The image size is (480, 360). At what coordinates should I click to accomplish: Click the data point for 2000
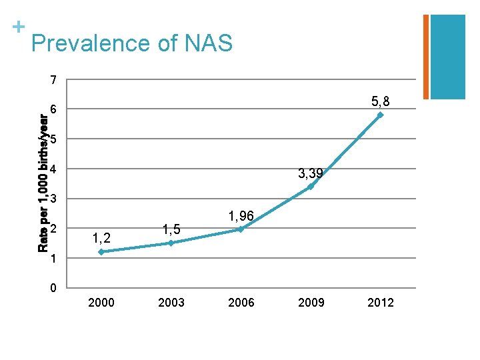point(101,252)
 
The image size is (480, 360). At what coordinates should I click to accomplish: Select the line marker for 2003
point(171,243)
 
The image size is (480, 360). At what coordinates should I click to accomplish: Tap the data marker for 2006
point(241,229)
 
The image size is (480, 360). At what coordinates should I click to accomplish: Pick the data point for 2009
point(311,187)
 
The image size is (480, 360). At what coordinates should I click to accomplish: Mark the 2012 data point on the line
point(380,115)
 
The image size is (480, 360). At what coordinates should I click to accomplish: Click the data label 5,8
point(381,101)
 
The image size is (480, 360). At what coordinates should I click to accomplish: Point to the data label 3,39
point(311,173)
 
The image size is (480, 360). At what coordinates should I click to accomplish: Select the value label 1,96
point(241,216)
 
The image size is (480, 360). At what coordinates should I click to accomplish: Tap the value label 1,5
point(171,229)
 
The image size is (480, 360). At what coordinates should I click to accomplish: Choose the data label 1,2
point(101,237)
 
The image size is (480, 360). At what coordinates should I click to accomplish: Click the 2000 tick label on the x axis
point(101,303)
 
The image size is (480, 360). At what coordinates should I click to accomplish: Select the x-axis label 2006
point(241,303)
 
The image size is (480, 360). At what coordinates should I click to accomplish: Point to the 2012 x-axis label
point(381,303)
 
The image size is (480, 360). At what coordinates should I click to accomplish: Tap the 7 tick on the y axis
point(53,81)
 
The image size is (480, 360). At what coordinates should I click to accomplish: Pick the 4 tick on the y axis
point(53,169)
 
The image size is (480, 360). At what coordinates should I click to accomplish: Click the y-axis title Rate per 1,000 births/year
point(43,184)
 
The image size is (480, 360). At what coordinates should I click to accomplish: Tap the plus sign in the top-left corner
point(19,27)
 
